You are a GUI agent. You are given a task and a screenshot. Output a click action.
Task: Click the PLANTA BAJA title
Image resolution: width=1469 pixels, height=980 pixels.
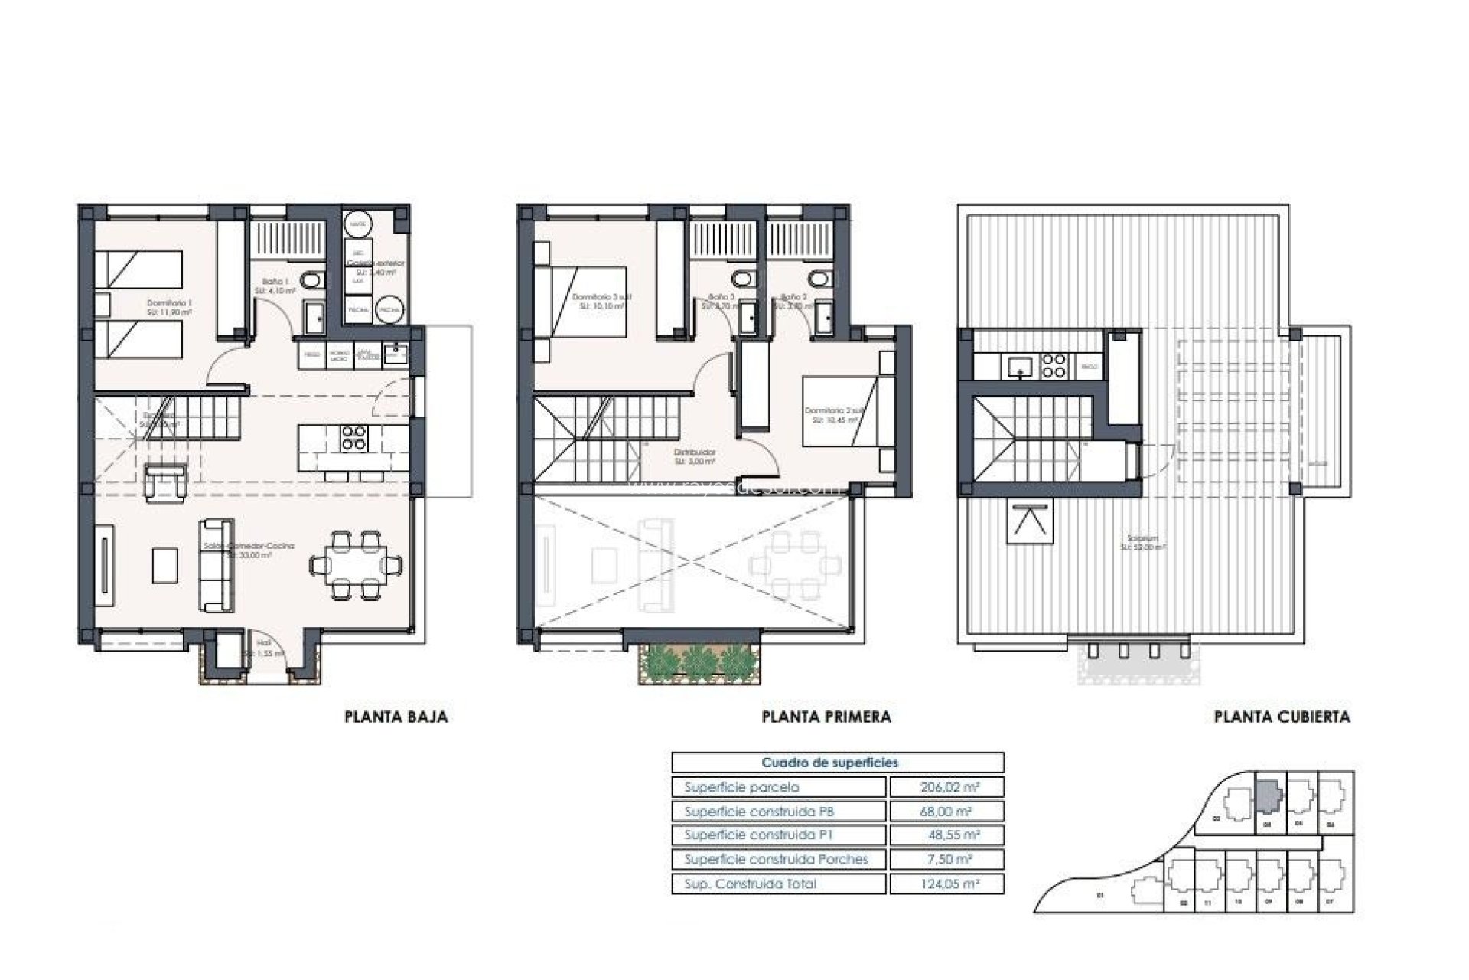click(x=396, y=717)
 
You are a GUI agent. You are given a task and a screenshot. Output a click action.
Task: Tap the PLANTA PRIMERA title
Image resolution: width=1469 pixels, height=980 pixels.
click(x=826, y=717)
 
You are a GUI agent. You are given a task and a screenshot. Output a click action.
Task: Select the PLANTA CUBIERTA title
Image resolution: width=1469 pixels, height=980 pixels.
click(x=1282, y=717)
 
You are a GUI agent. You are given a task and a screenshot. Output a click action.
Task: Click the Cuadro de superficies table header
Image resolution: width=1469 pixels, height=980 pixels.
click(x=830, y=763)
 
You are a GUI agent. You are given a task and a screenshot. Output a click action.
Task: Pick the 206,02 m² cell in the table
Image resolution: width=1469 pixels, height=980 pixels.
click(x=946, y=787)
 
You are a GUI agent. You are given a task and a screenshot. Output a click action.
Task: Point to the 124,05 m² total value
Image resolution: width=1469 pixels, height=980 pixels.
click(x=946, y=884)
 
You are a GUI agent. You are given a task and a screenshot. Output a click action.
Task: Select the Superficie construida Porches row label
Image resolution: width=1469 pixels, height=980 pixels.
click(x=776, y=859)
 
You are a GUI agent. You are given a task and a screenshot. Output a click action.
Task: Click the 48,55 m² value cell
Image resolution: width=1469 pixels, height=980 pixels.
click(x=946, y=835)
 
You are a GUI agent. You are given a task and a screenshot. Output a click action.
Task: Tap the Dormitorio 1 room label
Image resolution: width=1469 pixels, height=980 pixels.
click(x=169, y=304)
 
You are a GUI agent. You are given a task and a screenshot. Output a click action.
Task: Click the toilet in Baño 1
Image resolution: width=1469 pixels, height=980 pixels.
click(x=311, y=281)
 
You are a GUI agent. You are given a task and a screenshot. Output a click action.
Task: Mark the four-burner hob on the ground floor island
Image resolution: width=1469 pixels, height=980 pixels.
click(x=353, y=437)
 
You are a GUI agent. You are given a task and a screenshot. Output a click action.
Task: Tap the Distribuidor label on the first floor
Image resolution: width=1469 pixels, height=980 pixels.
click(x=695, y=452)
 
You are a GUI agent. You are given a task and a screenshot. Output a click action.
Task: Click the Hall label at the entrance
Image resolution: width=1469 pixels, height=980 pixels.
click(x=264, y=644)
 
